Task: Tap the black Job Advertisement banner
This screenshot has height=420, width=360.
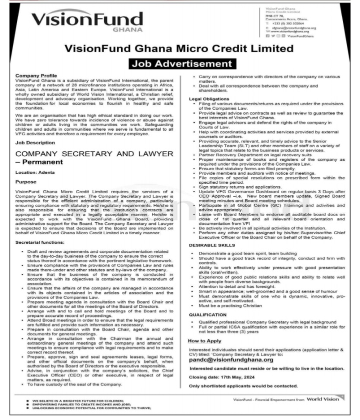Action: [x=179, y=64]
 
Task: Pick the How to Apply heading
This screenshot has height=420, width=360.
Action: [x=205, y=340]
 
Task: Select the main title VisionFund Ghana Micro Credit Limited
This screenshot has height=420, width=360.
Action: [x=180, y=49]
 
